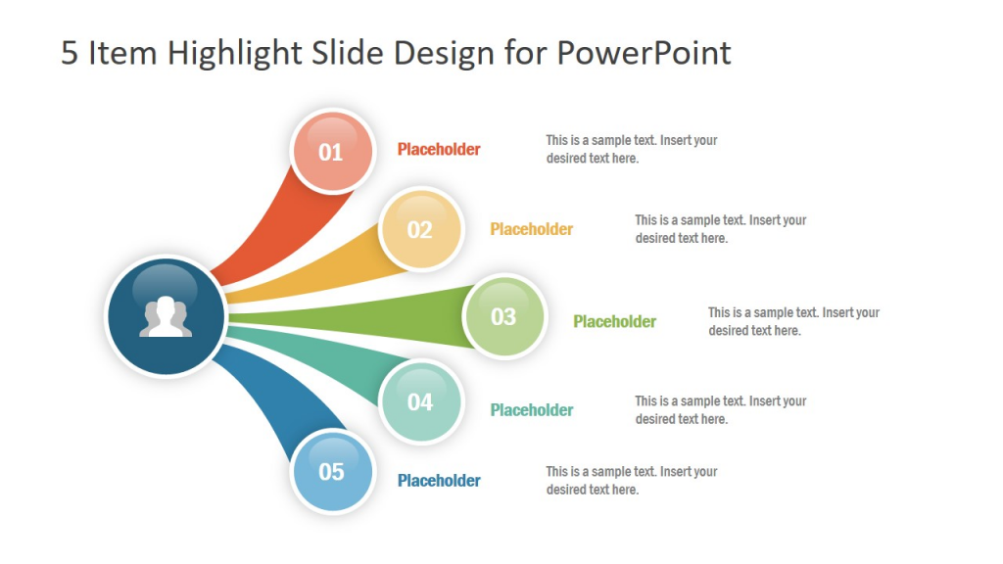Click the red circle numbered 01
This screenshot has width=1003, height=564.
click(332, 151)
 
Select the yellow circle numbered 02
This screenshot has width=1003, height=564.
click(421, 229)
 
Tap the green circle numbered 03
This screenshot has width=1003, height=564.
click(504, 316)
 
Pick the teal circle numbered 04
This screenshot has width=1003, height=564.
click(421, 401)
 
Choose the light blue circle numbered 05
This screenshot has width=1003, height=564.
click(332, 472)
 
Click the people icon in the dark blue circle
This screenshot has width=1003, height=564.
click(166, 316)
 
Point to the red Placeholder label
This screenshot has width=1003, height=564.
click(439, 149)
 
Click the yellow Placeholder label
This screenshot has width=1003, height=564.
click(532, 229)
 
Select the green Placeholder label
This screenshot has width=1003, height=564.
click(615, 321)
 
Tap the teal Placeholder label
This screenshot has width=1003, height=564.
click(532, 410)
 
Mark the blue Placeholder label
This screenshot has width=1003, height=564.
click(439, 480)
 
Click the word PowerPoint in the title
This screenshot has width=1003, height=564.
click(644, 53)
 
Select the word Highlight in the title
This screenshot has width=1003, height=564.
click(234, 54)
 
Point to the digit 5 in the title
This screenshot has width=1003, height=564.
click(70, 53)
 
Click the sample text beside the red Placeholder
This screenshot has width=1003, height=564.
click(632, 149)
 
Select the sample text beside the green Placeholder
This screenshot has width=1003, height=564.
click(793, 321)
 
